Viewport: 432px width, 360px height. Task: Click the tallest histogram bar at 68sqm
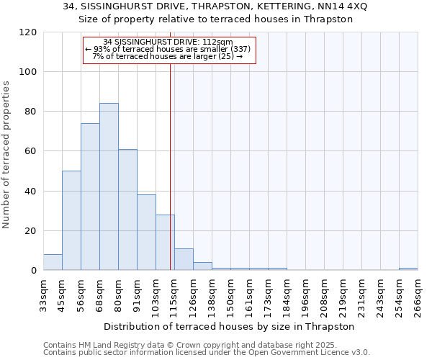pos(109,187)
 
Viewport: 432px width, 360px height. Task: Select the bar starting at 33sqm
pos(53,263)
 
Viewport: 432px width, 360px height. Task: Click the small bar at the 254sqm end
pos(408,269)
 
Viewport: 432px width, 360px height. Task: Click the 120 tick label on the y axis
pos(27,32)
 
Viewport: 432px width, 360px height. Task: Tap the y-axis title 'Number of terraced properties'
pos(7,154)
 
